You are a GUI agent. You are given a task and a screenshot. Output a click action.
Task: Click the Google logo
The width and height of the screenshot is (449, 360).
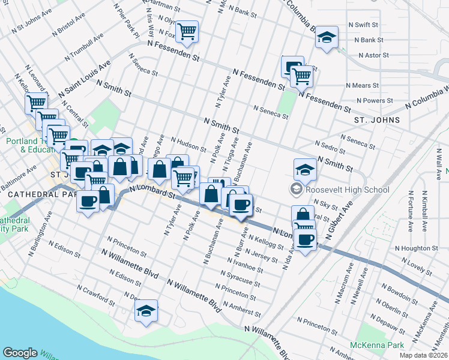pos(20,353)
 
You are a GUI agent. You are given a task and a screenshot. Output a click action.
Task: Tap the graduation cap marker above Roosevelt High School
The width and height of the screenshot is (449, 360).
pos(305,170)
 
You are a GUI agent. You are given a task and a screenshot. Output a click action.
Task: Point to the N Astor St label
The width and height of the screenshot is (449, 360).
pos(374,55)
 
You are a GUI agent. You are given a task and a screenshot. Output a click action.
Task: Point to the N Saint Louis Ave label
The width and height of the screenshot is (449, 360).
pos(85,79)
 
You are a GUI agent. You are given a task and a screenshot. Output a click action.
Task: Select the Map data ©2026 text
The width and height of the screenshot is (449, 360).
pos(423,355)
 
